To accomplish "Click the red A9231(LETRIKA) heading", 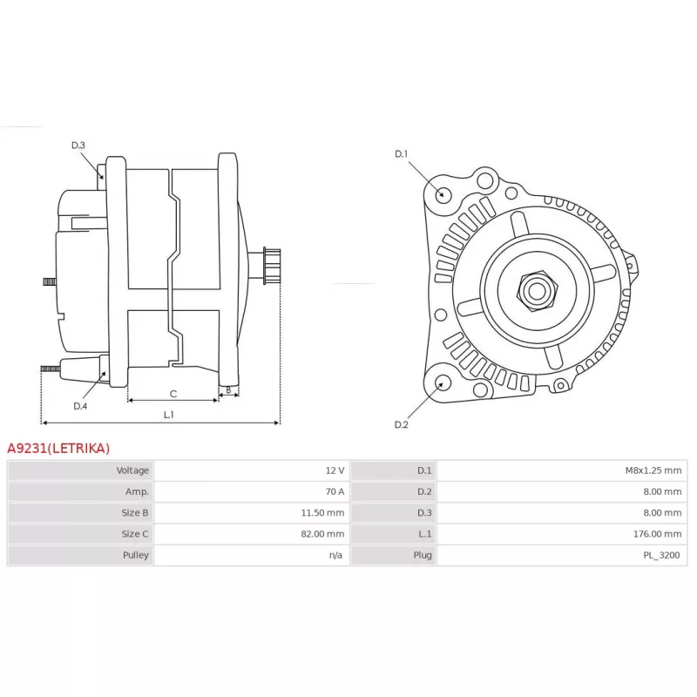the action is [x=58, y=448].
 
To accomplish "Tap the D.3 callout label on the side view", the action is [x=78, y=145].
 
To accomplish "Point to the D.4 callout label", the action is [x=80, y=406].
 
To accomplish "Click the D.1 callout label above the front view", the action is [x=401, y=154].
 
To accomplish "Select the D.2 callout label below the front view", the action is [x=401, y=424].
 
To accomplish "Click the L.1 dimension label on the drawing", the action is [x=168, y=415].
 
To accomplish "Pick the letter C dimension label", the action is [x=173, y=394].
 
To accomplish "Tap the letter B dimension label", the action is [x=228, y=390].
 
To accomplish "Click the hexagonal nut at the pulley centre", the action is [x=537, y=291].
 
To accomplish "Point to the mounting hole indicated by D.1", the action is [x=443, y=194].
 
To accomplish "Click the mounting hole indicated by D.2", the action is [x=442, y=383].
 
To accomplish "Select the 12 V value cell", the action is [x=335, y=470].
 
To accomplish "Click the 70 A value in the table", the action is [x=335, y=491].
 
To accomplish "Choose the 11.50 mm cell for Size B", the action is [x=322, y=513].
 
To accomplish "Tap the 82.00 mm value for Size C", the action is [x=322, y=534].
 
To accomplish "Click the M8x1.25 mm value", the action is [x=653, y=470].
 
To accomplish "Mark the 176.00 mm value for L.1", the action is [x=657, y=534].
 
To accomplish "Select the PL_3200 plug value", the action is [x=661, y=555].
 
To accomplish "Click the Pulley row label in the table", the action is [x=136, y=555].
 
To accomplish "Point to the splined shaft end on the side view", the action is [x=272, y=266].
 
